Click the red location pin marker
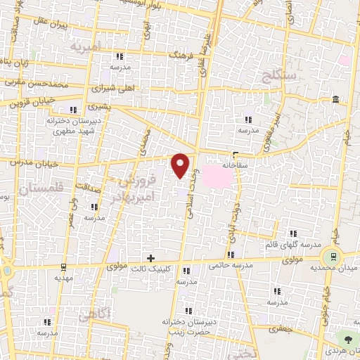pyautogui.click(x=181, y=165)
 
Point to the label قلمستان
pyautogui.click(x=43, y=189)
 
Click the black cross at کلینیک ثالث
pyautogui.click(x=150, y=258)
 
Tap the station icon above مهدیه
pyautogui.click(x=64, y=267)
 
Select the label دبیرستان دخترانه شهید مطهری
pyautogui.click(x=71, y=127)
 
